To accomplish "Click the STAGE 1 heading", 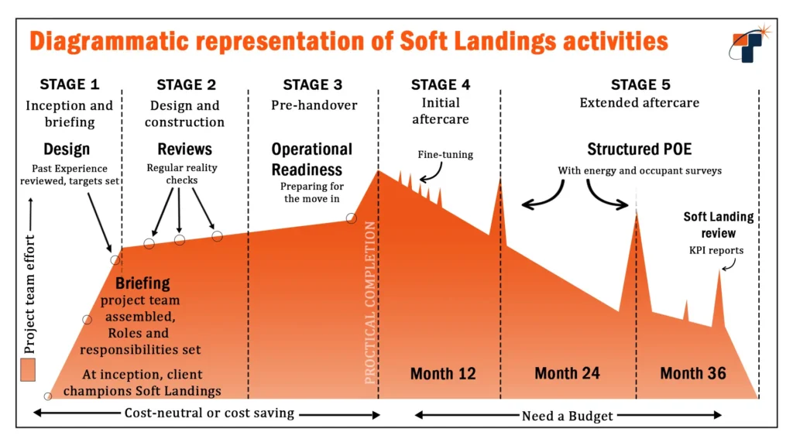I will click(x=70, y=85).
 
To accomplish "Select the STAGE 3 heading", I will click(x=312, y=85).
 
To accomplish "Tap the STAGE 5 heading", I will click(x=640, y=85).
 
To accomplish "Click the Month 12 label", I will click(x=442, y=374).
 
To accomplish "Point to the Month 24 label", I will click(x=567, y=374).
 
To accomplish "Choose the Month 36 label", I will click(x=693, y=374).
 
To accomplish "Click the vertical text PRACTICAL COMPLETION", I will click(x=370, y=302).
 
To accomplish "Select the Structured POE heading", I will click(x=639, y=149).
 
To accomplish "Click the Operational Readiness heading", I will click(x=311, y=159).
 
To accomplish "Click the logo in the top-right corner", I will click(x=747, y=43).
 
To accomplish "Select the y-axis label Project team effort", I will click(x=30, y=271).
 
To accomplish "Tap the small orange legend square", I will click(x=29, y=369).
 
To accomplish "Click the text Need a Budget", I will click(x=567, y=416).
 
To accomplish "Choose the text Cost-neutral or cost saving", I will click(x=209, y=413).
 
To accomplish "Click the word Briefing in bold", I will click(x=142, y=283).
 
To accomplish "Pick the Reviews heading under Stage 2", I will click(x=184, y=149).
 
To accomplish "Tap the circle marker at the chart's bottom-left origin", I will click(x=48, y=396).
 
